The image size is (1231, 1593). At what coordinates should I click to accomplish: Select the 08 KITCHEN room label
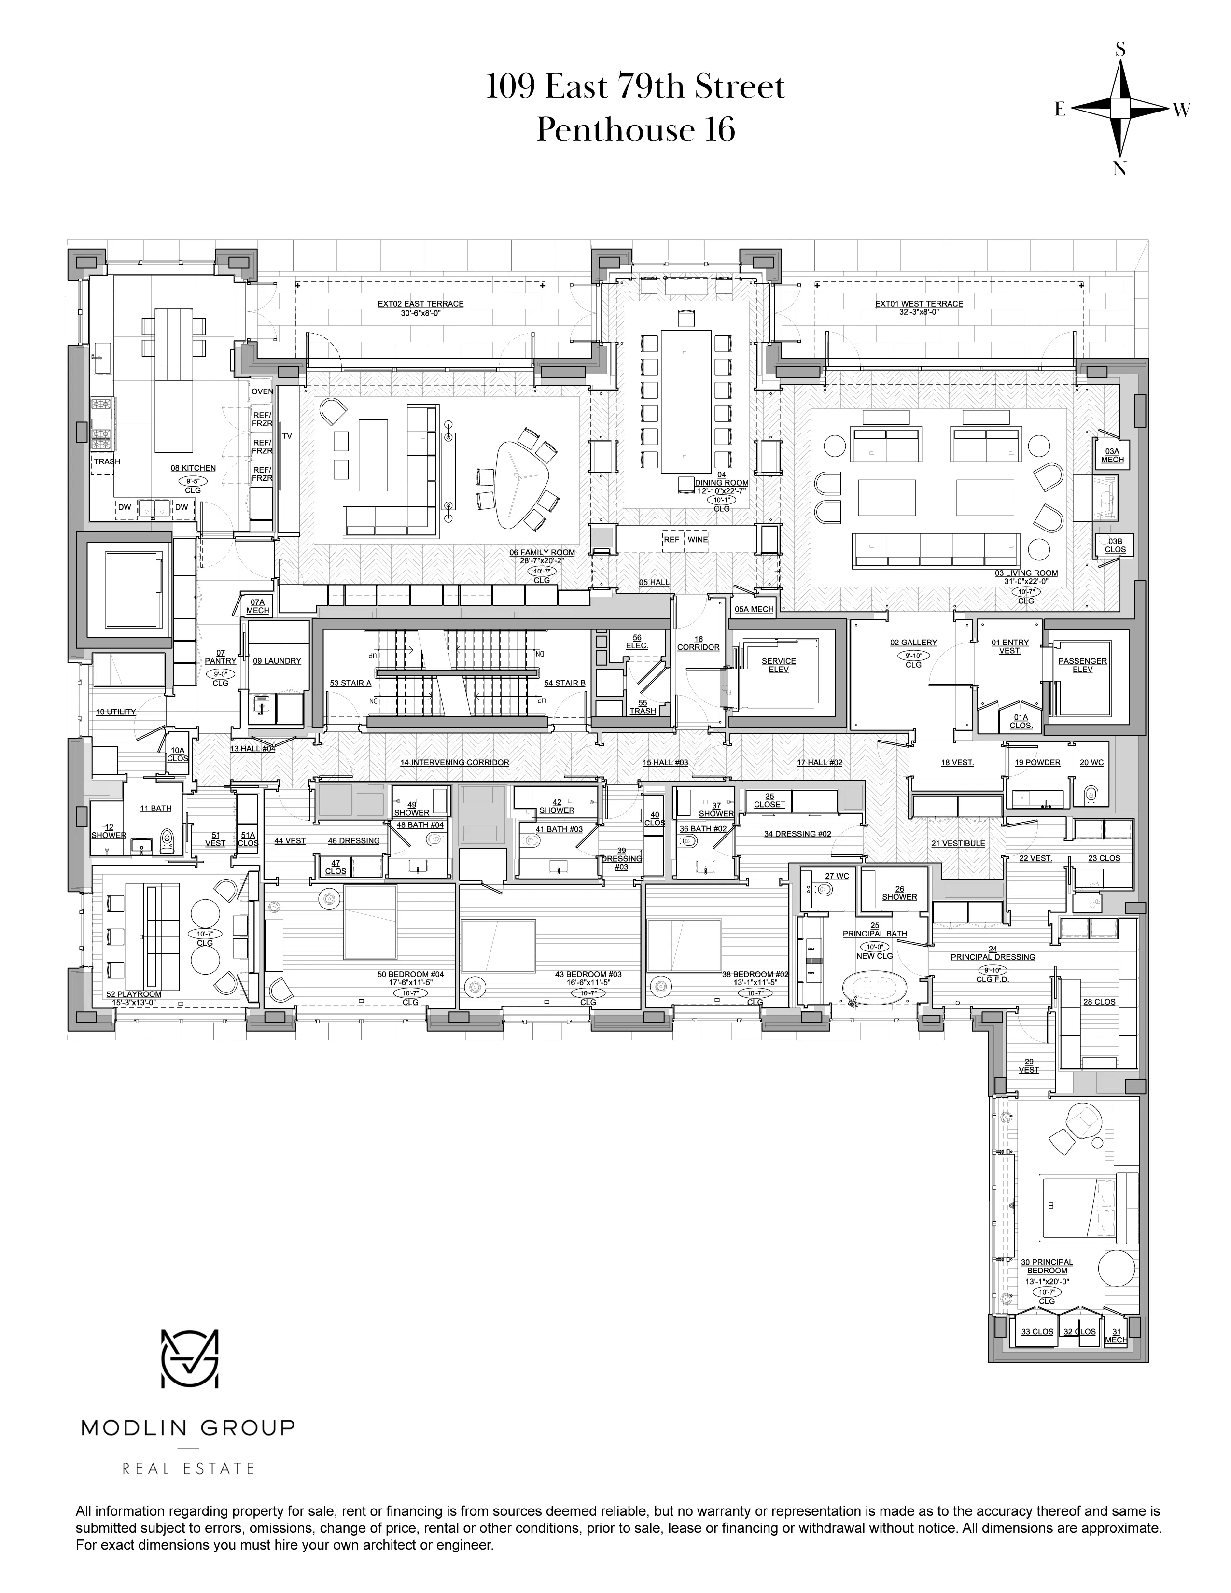pos(193,468)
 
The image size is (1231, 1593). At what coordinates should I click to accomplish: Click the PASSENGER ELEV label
pos(1082,665)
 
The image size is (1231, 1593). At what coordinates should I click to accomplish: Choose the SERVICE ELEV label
pos(778,665)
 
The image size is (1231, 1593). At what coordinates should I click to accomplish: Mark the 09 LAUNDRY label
pos(277,661)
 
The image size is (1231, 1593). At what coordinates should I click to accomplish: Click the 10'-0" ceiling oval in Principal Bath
pos(874,947)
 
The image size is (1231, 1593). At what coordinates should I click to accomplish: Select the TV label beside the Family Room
pos(287,436)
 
